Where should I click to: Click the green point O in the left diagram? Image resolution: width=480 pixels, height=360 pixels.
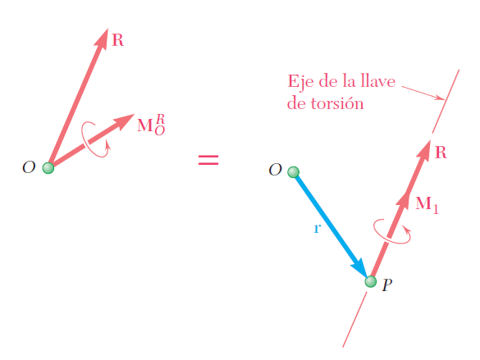[x=48, y=168]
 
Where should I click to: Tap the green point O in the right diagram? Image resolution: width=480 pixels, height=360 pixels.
[x=293, y=172]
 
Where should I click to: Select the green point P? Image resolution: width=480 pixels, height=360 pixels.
[x=371, y=281]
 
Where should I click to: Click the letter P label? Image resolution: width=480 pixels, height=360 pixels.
[x=387, y=285]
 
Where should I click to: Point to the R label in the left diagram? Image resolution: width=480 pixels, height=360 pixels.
[x=118, y=40]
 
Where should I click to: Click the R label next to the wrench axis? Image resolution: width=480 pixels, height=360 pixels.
[x=441, y=153]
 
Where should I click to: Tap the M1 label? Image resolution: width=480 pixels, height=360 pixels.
[x=427, y=205]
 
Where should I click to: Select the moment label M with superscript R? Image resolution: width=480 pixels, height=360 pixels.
[x=151, y=125]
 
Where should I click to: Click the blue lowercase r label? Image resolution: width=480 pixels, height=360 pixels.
[x=318, y=228]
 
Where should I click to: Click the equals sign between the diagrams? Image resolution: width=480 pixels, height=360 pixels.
[x=208, y=160]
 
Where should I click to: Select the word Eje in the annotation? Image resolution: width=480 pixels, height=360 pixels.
[x=300, y=82]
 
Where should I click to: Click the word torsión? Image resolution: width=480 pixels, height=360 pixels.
[x=336, y=103]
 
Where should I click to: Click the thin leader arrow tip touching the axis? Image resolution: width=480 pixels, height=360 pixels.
[x=445, y=99]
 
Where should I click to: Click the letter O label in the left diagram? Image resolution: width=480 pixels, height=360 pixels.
[x=29, y=167]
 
